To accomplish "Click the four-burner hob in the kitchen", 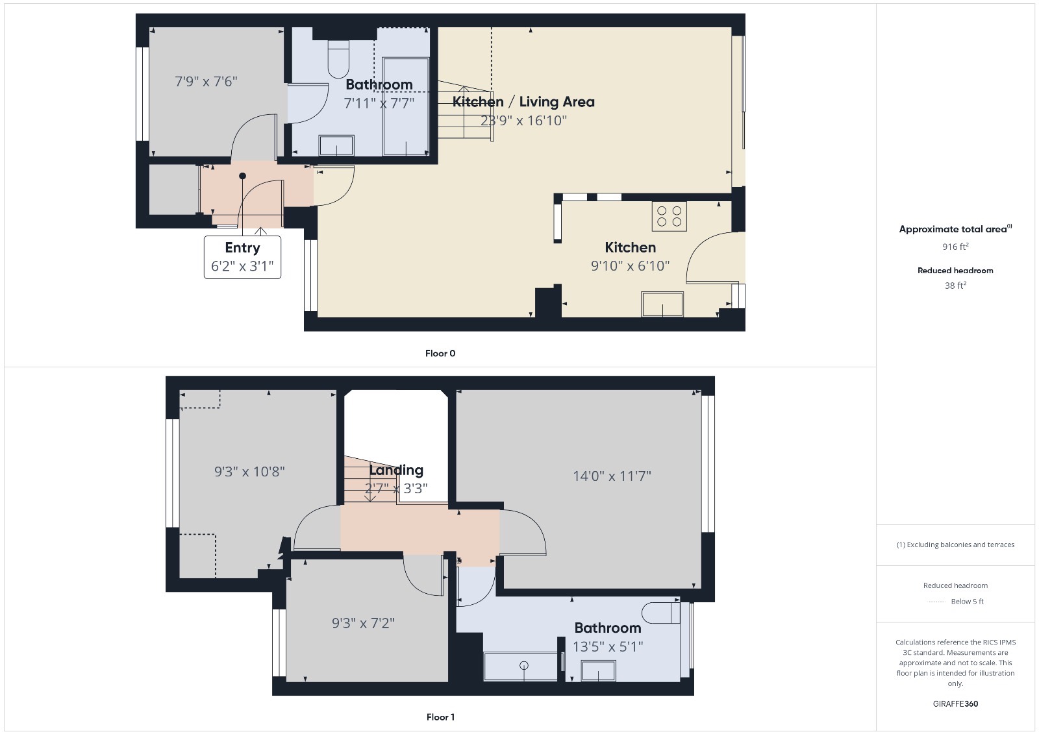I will (x=669, y=216).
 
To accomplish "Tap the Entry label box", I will (x=242, y=257).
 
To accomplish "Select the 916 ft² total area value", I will (x=955, y=247).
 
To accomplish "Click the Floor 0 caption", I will (x=440, y=354).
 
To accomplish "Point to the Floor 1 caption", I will (x=440, y=717).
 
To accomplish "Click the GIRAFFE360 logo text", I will (x=955, y=703).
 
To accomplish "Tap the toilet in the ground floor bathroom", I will (x=338, y=60).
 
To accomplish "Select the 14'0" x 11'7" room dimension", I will (x=612, y=476).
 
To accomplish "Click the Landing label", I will (x=396, y=470).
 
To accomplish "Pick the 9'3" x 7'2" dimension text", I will (x=363, y=623).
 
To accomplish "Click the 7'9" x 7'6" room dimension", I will (x=206, y=81).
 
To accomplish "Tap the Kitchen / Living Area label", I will (x=523, y=102).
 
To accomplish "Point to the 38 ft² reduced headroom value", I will (x=955, y=286).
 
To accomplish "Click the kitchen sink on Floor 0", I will (x=662, y=304).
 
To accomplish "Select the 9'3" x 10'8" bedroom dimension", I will (x=249, y=472).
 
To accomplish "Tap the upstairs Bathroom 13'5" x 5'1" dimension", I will (x=608, y=646).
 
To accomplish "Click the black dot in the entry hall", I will (x=242, y=176).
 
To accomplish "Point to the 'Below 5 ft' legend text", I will (x=967, y=602).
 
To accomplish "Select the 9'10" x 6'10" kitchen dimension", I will (x=630, y=265).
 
